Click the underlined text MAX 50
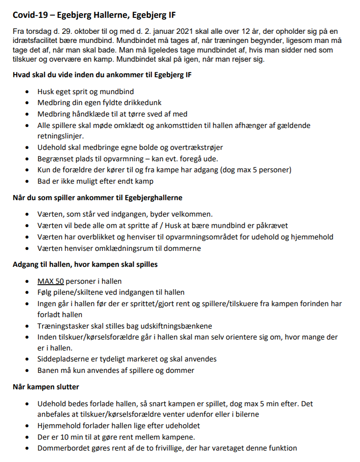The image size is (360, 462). point(50,281)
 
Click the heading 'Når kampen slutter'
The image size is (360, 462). point(46,387)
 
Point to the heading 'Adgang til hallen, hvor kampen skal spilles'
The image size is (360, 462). point(86,264)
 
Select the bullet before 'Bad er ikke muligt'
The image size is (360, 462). point(28,181)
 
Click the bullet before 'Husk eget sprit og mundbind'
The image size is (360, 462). point(28,92)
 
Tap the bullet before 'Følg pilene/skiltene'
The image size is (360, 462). point(28,292)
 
